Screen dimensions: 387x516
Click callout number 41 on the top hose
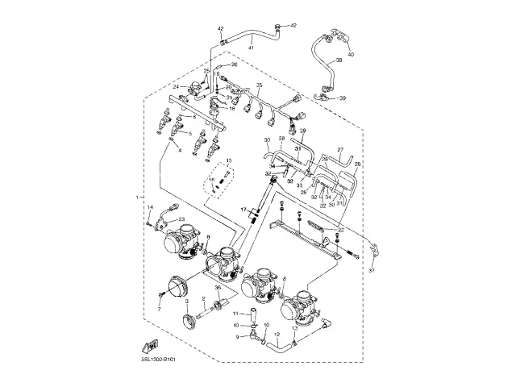[251, 48]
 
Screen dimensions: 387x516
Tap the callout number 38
[339, 60]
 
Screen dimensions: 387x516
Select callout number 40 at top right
[351, 54]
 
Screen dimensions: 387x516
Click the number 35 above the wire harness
[259, 85]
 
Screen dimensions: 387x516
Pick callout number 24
[175, 86]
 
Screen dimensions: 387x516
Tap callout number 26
[235, 64]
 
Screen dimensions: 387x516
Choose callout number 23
[181, 219]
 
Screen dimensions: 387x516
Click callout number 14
[148, 209]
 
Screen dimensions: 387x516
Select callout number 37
[372, 271]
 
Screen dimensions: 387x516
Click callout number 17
[242, 210]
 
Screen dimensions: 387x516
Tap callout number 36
[218, 288]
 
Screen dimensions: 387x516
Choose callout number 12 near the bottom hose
[276, 334]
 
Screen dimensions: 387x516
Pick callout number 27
[341, 150]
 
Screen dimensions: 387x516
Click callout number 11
[235, 313]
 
